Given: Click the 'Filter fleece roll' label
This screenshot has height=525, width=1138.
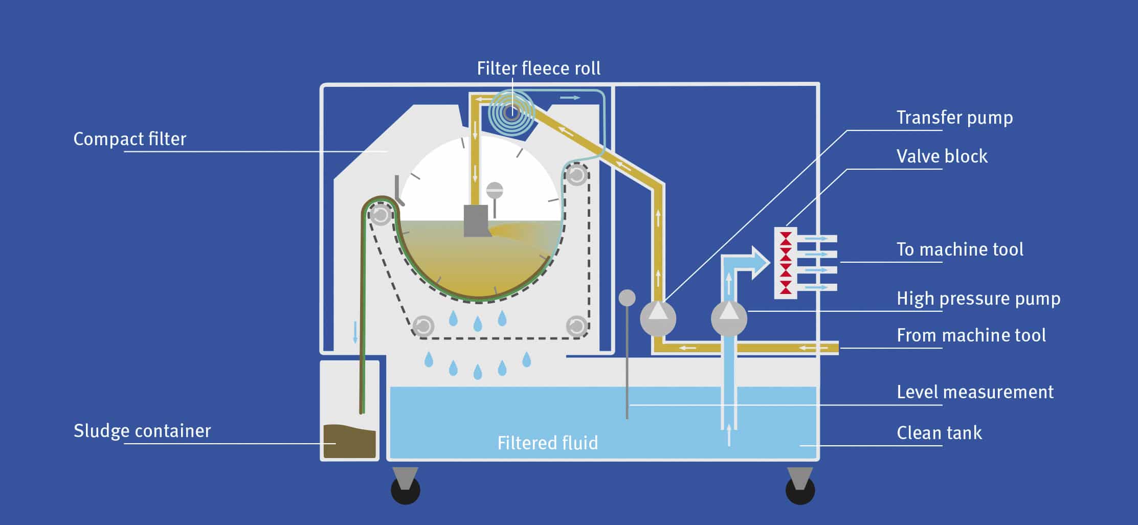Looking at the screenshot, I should click(x=538, y=69).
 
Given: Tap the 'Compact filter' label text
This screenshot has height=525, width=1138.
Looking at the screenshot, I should click(x=129, y=139).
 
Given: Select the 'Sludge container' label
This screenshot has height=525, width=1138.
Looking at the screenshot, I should click(x=142, y=431).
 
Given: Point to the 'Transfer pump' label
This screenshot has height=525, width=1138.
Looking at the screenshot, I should click(x=954, y=118).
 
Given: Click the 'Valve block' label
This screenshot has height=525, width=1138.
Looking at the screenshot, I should click(x=942, y=156).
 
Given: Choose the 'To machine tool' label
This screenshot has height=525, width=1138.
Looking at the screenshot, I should click(x=960, y=249).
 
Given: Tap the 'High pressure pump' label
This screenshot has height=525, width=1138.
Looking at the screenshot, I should click(x=978, y=299).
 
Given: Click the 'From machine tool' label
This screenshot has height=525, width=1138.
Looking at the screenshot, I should click(x=971, y=335).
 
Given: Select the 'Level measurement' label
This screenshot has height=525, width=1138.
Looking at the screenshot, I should click(x=975, y=392).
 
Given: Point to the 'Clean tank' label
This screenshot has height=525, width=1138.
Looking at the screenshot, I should click(x=939, y=433).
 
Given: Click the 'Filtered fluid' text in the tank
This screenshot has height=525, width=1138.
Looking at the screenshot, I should click(x=547, y=443).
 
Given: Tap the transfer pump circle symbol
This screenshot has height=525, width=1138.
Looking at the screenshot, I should click(x=658, y=318).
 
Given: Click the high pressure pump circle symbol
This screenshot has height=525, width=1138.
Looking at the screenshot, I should click(x=729, y=318).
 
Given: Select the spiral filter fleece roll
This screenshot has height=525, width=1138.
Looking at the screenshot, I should click(x=511, y=112).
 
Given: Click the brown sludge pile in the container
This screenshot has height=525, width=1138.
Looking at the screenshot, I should click(x=349, y=441).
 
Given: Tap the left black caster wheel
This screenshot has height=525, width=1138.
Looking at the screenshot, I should click(x=405, y=490).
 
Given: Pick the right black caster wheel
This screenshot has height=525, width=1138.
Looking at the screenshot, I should click(x=800, y=490).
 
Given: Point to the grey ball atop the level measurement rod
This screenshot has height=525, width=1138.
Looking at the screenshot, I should click(x=627, y=298).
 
